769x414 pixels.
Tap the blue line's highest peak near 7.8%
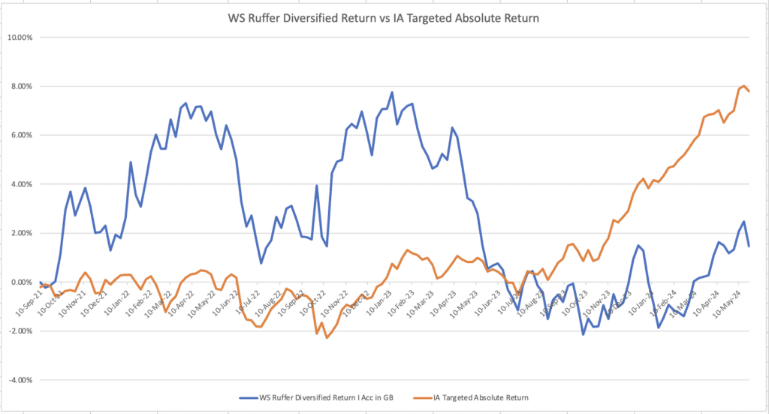[392, 92]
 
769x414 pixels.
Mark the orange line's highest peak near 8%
[743, 86]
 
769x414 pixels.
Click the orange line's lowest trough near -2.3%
[327, 338]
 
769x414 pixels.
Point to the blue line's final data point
[749, 246]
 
